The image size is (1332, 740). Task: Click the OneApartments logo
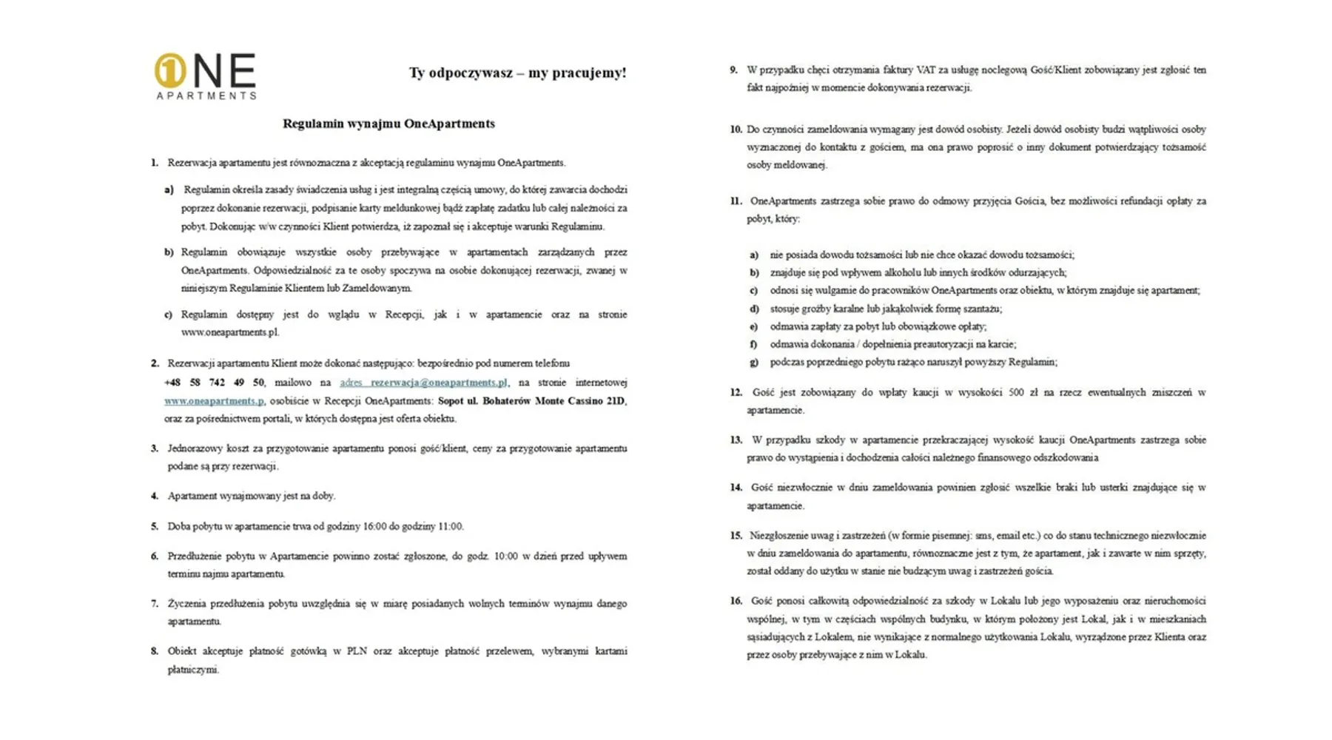205,75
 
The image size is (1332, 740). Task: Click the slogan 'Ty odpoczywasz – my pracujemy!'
517,73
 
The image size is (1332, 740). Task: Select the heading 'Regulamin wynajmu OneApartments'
388,124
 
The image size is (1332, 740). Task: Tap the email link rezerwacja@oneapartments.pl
423,383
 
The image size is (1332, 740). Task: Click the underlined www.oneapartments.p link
214,401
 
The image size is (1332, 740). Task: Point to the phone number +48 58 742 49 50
214,383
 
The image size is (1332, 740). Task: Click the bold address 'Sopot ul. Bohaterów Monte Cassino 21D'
531,401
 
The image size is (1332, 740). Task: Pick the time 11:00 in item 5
450,527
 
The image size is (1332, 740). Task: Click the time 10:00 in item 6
506,556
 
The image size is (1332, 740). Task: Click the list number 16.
736,601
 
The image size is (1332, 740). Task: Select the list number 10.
736,129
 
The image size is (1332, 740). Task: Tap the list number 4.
155,496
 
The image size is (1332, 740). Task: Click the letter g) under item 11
754,363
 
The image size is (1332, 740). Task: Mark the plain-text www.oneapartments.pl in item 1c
230,332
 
